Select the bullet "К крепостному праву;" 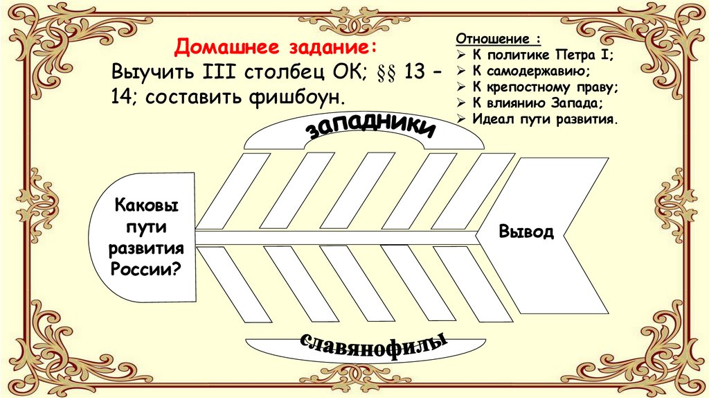pyautogui.click(x=546, y=87)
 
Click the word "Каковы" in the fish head pyautogui.click(x=145, y=205)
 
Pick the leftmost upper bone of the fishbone pyautogui.click(x=234, y=191)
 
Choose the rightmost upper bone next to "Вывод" pyautogui.click(x=478, y=191)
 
